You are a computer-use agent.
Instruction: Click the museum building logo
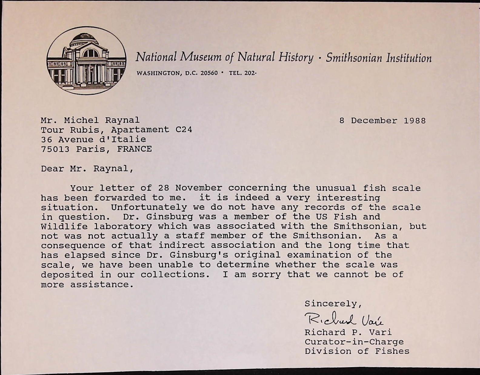86,60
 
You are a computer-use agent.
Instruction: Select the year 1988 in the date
415,121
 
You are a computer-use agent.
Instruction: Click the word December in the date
374,121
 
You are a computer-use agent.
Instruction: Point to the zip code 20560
209,73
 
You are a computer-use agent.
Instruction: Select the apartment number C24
184,130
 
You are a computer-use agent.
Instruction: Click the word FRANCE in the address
134,149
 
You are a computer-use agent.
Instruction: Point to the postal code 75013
55,149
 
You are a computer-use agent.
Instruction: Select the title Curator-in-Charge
354,342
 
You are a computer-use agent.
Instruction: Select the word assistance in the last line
102,285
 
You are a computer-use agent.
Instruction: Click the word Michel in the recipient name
81,120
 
